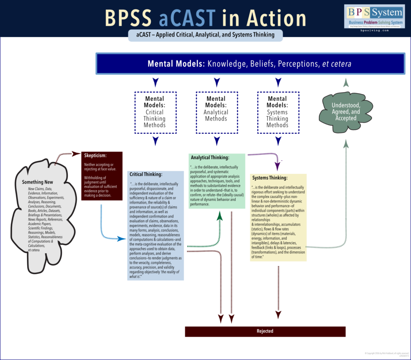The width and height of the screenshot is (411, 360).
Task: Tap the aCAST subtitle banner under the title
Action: point(205,35)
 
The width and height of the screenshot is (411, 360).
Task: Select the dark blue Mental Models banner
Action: point(250,64)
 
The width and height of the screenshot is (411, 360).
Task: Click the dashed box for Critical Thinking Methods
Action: point(155,111)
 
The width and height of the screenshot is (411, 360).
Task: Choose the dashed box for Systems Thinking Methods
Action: point(277,111)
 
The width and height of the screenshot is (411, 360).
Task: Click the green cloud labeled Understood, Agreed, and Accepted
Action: point(346,111)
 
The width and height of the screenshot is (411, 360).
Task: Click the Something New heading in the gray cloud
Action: point(38,182)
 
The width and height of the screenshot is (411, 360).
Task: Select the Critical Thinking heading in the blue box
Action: point(146,174)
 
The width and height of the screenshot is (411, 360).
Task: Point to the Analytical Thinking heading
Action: point(210,157)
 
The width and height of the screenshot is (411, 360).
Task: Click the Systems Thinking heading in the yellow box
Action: point(270,178)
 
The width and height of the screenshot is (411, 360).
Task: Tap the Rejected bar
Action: point(265,331)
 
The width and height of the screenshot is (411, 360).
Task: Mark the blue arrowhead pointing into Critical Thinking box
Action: point(122,239)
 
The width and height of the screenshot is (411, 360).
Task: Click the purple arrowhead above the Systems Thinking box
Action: point(277,165)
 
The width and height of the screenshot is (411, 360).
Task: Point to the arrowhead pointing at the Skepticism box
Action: point(76,153)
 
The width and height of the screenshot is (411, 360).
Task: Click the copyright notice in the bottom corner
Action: point(386,354)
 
